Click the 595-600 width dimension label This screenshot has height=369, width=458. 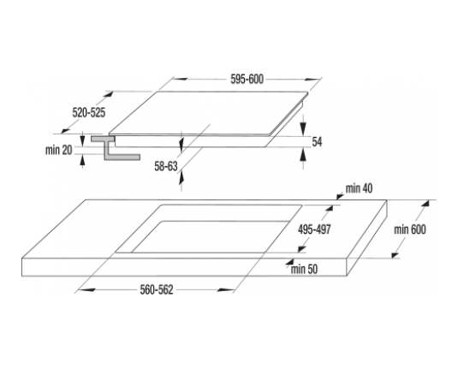[x=247, y=79]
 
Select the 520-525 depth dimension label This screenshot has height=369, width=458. [x=89, y=112]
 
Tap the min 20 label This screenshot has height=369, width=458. [x=59, y=150]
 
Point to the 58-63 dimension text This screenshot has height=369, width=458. [x=166, y=166]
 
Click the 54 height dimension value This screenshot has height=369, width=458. [x=317, y=142]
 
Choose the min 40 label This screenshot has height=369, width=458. [x=359, y=188]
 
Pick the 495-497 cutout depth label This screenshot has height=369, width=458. [x=314, y=229]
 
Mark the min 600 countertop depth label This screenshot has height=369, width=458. [x=410, y=229]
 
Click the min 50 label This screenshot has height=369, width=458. [x=304, y=269]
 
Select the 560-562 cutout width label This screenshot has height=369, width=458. [x=157, y=290]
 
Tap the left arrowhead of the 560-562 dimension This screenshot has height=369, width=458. [x=86, y=290]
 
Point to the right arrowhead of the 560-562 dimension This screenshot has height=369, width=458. [x=226, y=290]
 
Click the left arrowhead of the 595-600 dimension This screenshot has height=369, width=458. [x=179, y=79]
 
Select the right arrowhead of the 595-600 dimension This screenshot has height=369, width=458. [x=312, y=79]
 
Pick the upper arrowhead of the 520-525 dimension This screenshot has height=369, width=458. [x=108, y=94]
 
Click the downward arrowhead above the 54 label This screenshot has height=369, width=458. [x=304, y=128]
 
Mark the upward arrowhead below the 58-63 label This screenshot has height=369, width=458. [x=181, y=178]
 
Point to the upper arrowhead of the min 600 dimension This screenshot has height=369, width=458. [x=426, y=204]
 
